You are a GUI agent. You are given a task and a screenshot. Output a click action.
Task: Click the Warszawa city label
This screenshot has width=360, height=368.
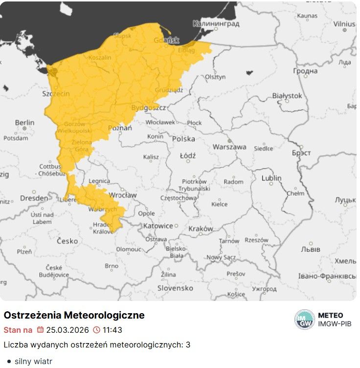pyautogui.click(x=229, y=147)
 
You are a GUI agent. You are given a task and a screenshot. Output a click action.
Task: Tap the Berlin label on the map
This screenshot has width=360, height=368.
pyautogui.click(x=24, y=122)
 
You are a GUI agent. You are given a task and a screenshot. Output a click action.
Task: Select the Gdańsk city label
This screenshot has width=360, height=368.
pyautogui.click(x=166, y=40)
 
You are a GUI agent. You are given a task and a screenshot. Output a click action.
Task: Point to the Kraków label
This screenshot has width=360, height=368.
pyautogui.click(x=201, y=229)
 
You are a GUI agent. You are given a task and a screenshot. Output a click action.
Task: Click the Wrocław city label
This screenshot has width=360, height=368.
pyautogui.click(x=123, y=195)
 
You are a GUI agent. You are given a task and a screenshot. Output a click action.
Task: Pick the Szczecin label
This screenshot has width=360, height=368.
pyautogui.click(x=56, y=93)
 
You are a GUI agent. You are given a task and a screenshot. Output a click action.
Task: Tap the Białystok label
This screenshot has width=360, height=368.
pyautogui.click(x=287, y=96)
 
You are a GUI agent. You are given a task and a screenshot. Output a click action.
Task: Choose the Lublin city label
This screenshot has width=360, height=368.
pyautogui.click(x=271, y=178)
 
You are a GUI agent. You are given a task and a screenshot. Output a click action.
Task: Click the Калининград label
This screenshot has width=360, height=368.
pyautogui.click(x=216, y=23)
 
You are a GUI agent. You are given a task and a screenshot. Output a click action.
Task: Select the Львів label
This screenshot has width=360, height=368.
pyautogui.click(x=311, y=249)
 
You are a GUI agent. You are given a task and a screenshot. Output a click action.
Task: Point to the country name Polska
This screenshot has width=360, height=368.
pyautogui.click(x=183, y=139)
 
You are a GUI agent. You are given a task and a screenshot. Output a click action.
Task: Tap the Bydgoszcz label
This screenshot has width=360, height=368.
pyautogui.click(x=149, y=108)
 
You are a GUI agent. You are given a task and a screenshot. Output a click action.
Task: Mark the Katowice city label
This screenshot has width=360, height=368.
pyautogui.click(x=158, y=226)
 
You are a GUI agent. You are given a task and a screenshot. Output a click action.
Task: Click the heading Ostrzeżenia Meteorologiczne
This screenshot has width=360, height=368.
pyautogui.click(x=74, y=315)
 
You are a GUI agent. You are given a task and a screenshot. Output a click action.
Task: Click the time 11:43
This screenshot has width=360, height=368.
pyautogui.click(x=112, y=330)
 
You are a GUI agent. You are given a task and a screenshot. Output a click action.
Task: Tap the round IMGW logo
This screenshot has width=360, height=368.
pyautogui.click(x=305, y=320)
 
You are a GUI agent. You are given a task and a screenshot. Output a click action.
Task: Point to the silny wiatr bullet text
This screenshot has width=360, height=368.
pyautogui.click(x=33, y=362)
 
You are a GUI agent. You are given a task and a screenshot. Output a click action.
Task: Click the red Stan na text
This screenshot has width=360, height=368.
pyautogui.click(x=18, y=330)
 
